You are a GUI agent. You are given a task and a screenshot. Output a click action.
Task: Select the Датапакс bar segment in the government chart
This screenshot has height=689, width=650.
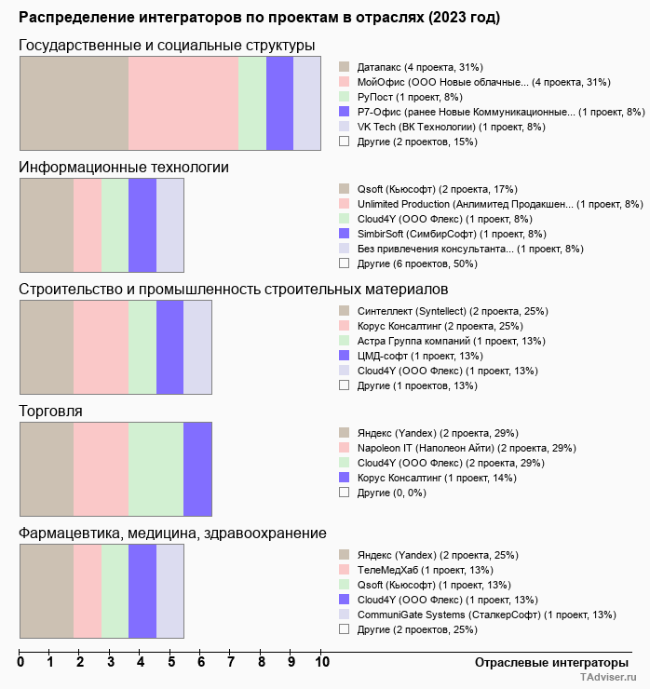(x=74, y=102)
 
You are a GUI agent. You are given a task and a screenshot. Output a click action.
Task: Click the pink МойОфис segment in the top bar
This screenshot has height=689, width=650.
(x=183, y=102)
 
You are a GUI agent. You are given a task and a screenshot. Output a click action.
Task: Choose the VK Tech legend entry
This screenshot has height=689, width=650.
(x=444, y=127)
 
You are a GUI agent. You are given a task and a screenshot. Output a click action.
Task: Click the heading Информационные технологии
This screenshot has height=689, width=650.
(x=124, y=168)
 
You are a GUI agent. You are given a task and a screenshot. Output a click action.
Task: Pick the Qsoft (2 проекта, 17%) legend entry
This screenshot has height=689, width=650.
(x=437, y=189)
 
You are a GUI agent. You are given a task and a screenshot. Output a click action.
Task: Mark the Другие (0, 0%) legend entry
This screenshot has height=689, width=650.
(x=390, y=493)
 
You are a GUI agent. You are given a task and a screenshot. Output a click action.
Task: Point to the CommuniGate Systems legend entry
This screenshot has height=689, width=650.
(x=485, y=615)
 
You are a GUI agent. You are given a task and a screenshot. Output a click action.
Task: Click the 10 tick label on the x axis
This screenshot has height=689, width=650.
(x=322, y=663)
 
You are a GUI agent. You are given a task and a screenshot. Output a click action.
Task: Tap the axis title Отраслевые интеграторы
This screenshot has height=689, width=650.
(x=546, y=663)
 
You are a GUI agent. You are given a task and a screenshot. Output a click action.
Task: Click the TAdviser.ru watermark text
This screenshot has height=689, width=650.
(x=609, y=679)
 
